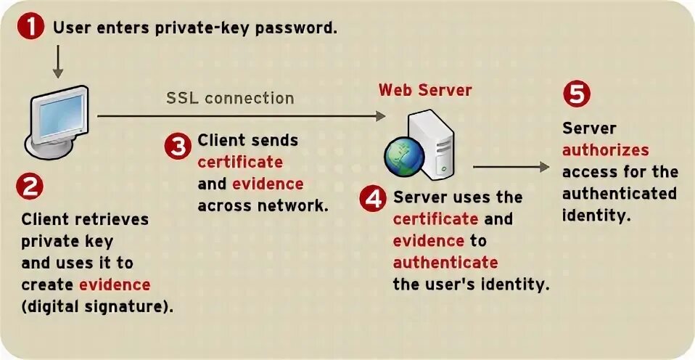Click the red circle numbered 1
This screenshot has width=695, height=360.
[30, 28]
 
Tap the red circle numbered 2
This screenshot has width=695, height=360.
[30, 187]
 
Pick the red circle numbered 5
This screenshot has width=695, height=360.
[577, 94]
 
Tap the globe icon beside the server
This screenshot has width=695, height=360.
[403, 155]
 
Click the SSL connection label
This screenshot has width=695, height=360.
[230, 98]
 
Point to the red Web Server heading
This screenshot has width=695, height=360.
[425, 91]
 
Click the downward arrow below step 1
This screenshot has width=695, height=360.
[57, 65]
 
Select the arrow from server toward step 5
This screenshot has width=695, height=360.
[511, 166]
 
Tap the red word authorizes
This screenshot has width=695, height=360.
[605, 150]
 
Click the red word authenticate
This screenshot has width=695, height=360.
[445, 262]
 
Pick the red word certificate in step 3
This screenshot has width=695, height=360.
[240, 162]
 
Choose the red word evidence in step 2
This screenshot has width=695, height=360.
[115, 284]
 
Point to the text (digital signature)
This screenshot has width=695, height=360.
[97, 306]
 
